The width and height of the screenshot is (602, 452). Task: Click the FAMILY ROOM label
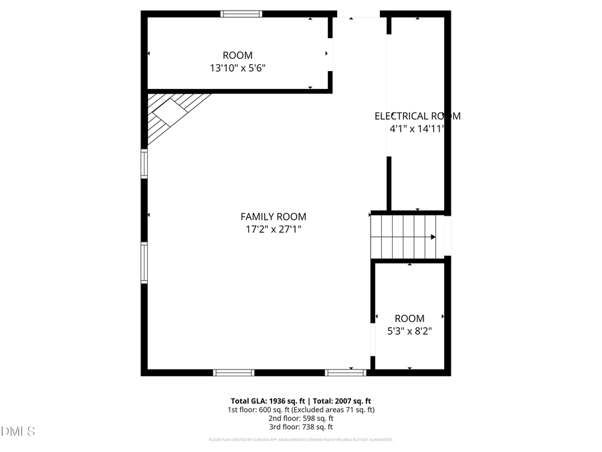pos(273,216)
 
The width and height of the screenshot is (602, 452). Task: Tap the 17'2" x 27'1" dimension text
pos(273,229)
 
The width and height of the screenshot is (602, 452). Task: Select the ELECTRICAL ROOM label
pos(417,116)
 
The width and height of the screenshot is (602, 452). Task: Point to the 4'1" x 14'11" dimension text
pos(417,129)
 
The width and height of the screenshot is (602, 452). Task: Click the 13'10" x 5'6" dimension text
pos(237,68)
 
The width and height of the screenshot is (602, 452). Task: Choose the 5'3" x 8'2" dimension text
pos(409,331)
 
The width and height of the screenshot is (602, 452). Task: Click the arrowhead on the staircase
pos(433,236)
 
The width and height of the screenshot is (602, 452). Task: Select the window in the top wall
pos(241,13)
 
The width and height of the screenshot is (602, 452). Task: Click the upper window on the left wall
pos(144,163)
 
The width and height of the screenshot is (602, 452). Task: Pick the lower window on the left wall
pos(144,263)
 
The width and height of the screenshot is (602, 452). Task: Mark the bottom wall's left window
pos(233,372)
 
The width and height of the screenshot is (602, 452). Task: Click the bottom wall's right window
pos(345,372)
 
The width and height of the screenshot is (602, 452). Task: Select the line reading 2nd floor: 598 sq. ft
pos(301,418)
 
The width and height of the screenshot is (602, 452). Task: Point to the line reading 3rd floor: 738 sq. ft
pos(301,427)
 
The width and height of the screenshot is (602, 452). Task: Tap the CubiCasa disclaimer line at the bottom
pos(301,440)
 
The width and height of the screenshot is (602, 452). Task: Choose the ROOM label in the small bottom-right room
pos(409,319)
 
